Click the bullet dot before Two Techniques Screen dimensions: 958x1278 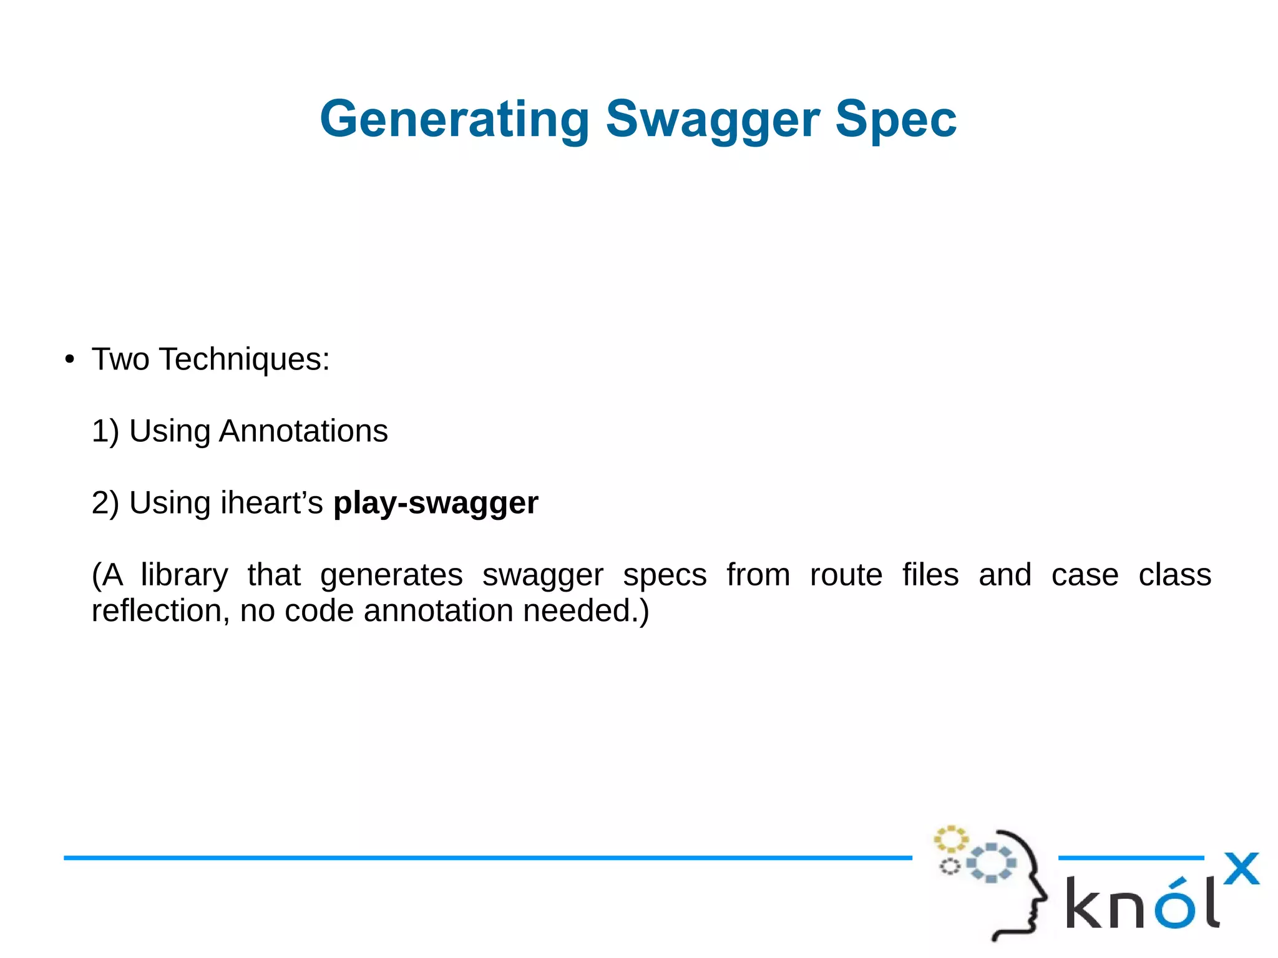tap(70, 360)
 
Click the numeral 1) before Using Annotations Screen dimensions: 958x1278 tap(105, 431)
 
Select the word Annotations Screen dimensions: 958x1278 tap(303, 431)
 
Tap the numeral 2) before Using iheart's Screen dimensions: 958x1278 tap(105, 503)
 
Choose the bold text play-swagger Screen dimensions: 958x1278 tap(436, 503)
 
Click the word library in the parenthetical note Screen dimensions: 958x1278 tap(184, 575)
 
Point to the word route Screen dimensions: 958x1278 tap(846, 575)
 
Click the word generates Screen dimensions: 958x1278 tap(391, 575)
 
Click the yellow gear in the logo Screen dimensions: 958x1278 tap(950, 839)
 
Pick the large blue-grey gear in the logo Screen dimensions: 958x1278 tap(991, 863)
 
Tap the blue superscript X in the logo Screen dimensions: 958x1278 tap(1241, 869)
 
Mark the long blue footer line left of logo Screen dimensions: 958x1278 tap(487, 858)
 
